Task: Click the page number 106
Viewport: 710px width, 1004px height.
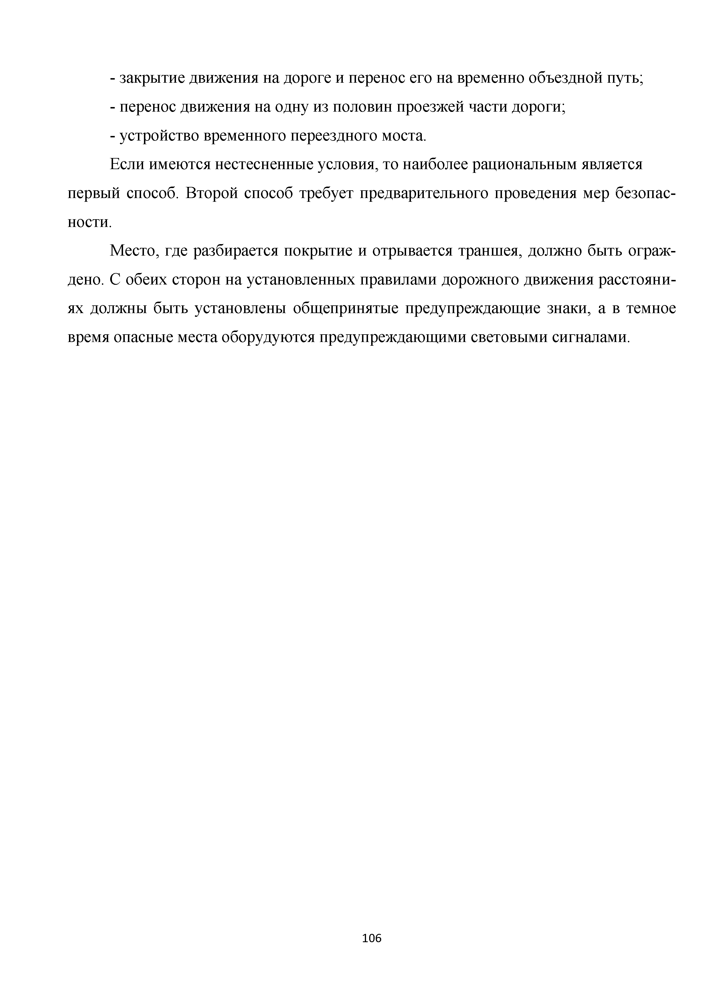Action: point(372,938)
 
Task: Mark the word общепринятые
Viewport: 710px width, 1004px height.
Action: point(345,309)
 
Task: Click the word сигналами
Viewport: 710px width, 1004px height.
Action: point(591,338)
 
